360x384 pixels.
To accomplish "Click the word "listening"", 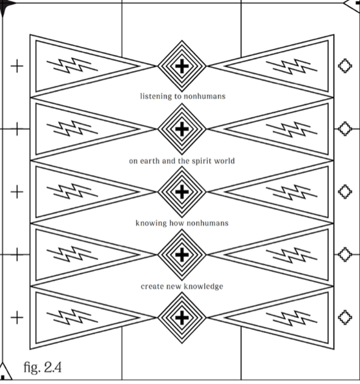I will point(156,96).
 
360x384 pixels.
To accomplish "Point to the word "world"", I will point(224,161).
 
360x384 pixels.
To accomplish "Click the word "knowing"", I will point(151,223).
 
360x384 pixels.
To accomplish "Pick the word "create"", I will point(151,286).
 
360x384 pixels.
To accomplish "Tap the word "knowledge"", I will point(203,286).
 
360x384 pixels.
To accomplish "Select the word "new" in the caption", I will point(173,286).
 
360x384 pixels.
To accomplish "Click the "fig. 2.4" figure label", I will point(42,367).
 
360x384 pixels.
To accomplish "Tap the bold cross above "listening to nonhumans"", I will point(182,66).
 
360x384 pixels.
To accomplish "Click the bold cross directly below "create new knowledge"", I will point(182,317).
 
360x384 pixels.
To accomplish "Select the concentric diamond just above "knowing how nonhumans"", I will point(182,192).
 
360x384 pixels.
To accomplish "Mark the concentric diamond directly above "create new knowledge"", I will point(182,254).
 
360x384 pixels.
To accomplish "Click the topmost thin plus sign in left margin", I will point(17,66).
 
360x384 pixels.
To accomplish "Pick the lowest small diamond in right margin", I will point(344,317).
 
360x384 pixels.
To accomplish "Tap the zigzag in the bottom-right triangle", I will point(292,317).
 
